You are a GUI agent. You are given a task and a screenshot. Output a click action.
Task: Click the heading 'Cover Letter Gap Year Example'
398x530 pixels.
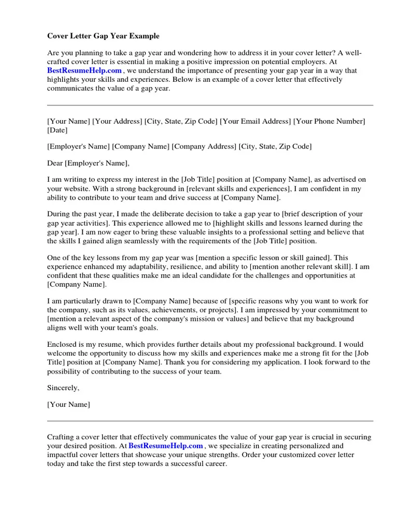tap(103, 36)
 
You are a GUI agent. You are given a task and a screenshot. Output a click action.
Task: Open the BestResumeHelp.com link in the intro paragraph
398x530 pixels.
tap(84, 70)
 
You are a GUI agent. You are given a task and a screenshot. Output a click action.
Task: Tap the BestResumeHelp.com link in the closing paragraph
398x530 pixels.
tap(166, 446)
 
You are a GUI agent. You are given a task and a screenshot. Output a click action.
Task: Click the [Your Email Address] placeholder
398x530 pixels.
tap(255, 121)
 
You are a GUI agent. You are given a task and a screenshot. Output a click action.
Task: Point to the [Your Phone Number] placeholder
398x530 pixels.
tap(329, 121)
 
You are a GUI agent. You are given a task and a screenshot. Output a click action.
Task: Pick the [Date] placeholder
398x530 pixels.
tap(57, 130)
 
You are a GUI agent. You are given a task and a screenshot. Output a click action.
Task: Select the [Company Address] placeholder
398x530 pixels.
tap(204, 146)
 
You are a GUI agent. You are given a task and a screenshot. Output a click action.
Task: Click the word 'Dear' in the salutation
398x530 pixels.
tap(55, 163)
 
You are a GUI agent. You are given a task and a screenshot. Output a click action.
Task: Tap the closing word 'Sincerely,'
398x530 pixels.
tap(63, 388)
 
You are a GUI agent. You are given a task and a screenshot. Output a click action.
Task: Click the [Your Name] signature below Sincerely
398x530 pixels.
tap(68, 404)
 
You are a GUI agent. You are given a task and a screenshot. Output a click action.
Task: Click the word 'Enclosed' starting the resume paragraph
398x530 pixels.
tap(63, 344)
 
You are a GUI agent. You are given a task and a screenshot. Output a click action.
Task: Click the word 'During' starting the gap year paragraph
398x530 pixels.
tap(59, 214)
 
